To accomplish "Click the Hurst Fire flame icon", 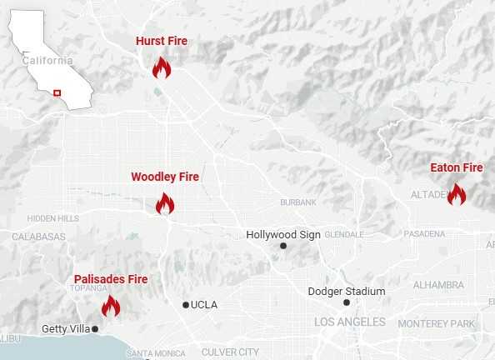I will click(162, 67).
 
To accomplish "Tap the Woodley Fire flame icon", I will click(165, 203).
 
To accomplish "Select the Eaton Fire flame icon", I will click(457, 194).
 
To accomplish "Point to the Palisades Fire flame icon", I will click(111, 306).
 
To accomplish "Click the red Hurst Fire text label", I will click(162, 41).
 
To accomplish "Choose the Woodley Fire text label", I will click(165, 177).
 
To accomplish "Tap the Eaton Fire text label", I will click(457, 167).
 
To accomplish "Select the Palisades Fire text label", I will click(111, 278).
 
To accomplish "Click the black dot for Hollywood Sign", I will click(283, 246).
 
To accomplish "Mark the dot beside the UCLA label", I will click(186, 305).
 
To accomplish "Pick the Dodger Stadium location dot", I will click(347, 302).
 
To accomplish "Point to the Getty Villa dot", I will click(95, 329).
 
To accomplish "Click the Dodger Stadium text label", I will click(347, 291).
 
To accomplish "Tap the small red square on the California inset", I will click(57, 92).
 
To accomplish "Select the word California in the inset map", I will click(47, 61).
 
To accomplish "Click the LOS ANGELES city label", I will click(349, 322).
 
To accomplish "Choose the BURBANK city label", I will click(298, 202).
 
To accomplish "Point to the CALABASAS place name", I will click(38, 237).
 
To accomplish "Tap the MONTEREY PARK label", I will click(436, 323).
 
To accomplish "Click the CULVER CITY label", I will click(230, 352).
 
